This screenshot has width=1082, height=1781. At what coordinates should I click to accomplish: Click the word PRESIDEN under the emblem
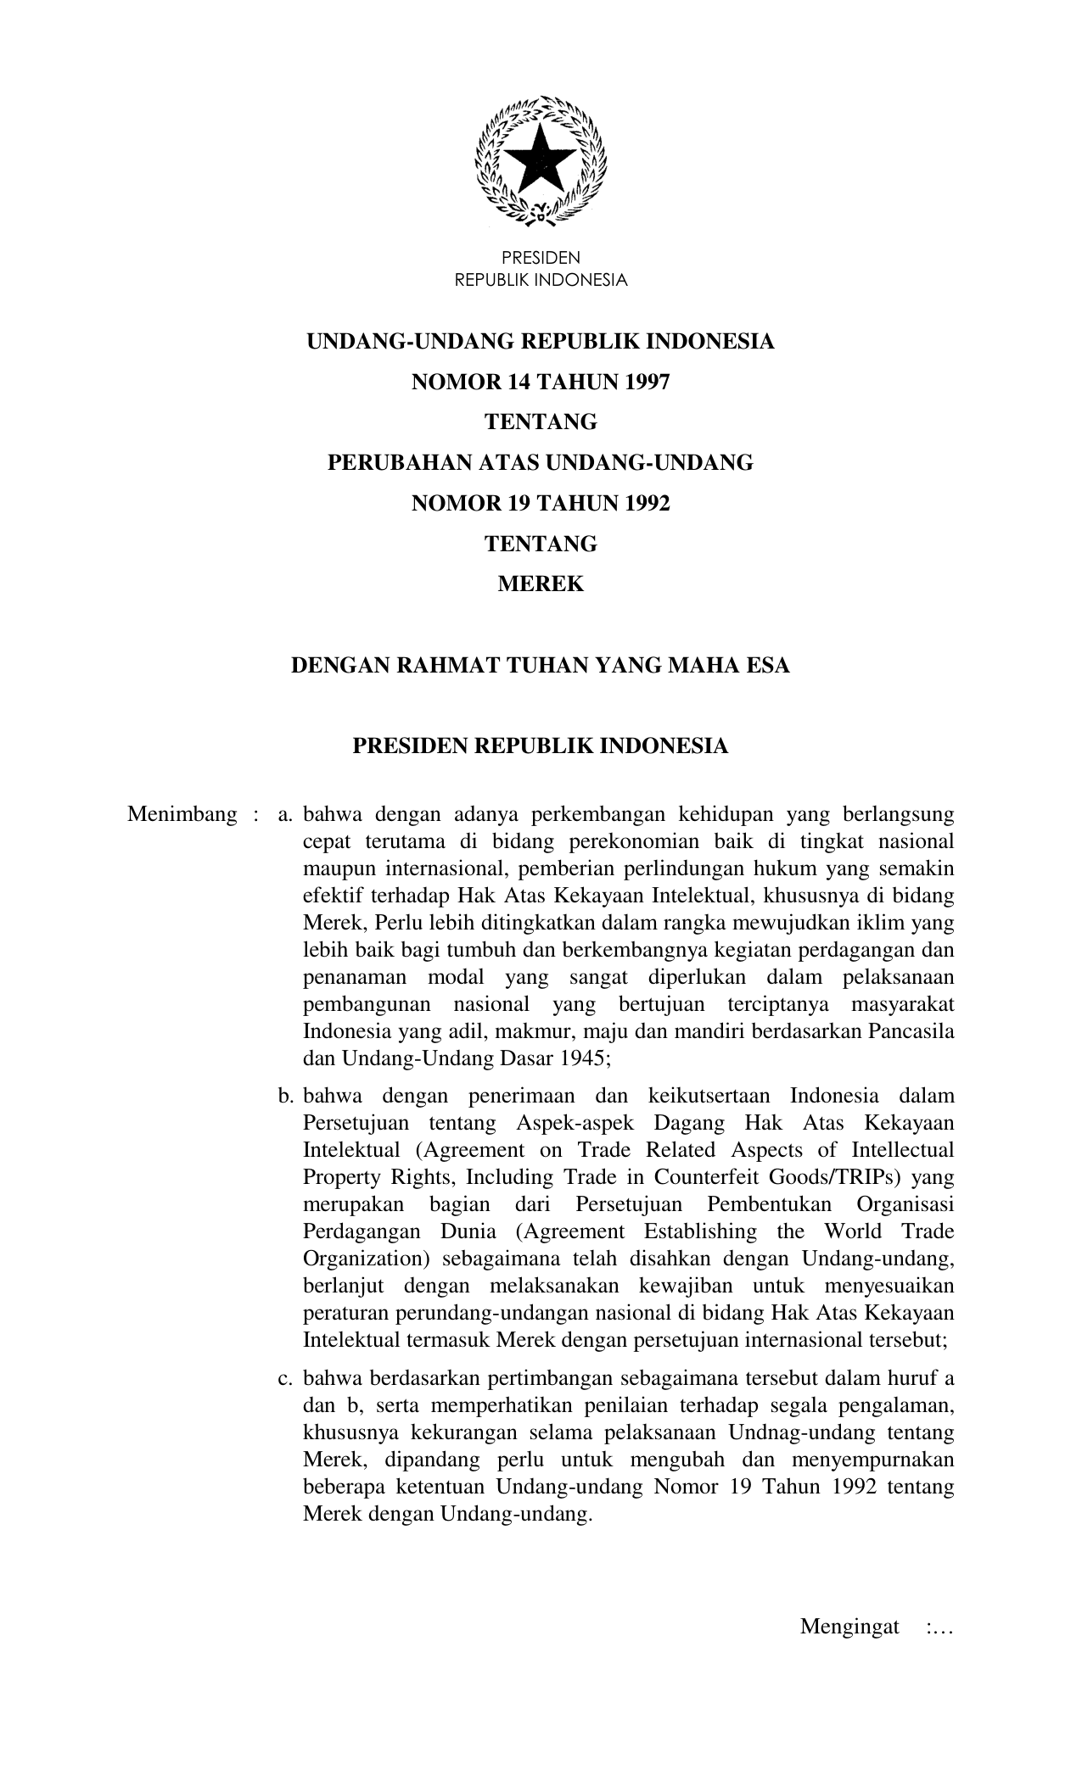541,258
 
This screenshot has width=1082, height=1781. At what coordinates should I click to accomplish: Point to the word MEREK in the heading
541,584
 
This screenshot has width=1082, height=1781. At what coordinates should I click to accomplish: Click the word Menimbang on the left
182,815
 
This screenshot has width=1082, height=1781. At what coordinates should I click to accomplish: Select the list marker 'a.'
285,815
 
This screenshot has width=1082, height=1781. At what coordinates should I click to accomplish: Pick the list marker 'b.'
285,1096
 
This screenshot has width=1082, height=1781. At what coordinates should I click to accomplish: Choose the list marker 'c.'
285,1378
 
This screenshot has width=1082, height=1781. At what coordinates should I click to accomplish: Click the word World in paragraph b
857,1231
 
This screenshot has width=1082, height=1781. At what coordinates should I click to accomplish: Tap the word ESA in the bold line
768,666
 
